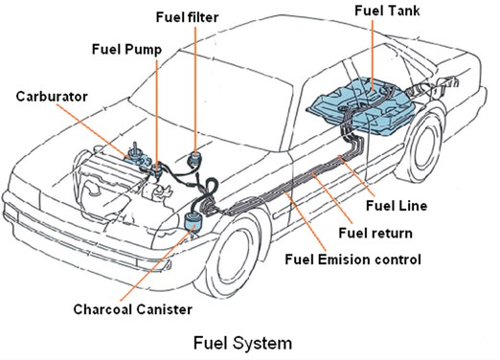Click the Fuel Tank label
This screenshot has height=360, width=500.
(x=387, y=11)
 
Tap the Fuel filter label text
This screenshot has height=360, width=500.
(x=187, y=17)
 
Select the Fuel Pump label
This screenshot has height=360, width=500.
(x=126, y=50)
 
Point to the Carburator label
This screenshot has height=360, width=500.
(x=52, y=97)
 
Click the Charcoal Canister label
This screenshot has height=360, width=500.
(x=133, y=309)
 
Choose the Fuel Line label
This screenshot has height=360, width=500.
(x=397, y=206)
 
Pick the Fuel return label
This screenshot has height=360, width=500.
(x=375, y=233)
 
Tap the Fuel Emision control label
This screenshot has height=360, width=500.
(x=352, y=259)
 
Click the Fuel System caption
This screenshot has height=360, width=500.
(x=242, y=343)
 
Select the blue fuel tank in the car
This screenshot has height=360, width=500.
(x=364, y=105)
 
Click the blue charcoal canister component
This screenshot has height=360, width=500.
(x=193, y=221)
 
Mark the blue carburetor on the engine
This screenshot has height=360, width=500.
(x=136, y=155)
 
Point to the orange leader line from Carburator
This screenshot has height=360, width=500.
(x=94, y=131)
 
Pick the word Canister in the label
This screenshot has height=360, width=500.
(x=165, y=309)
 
